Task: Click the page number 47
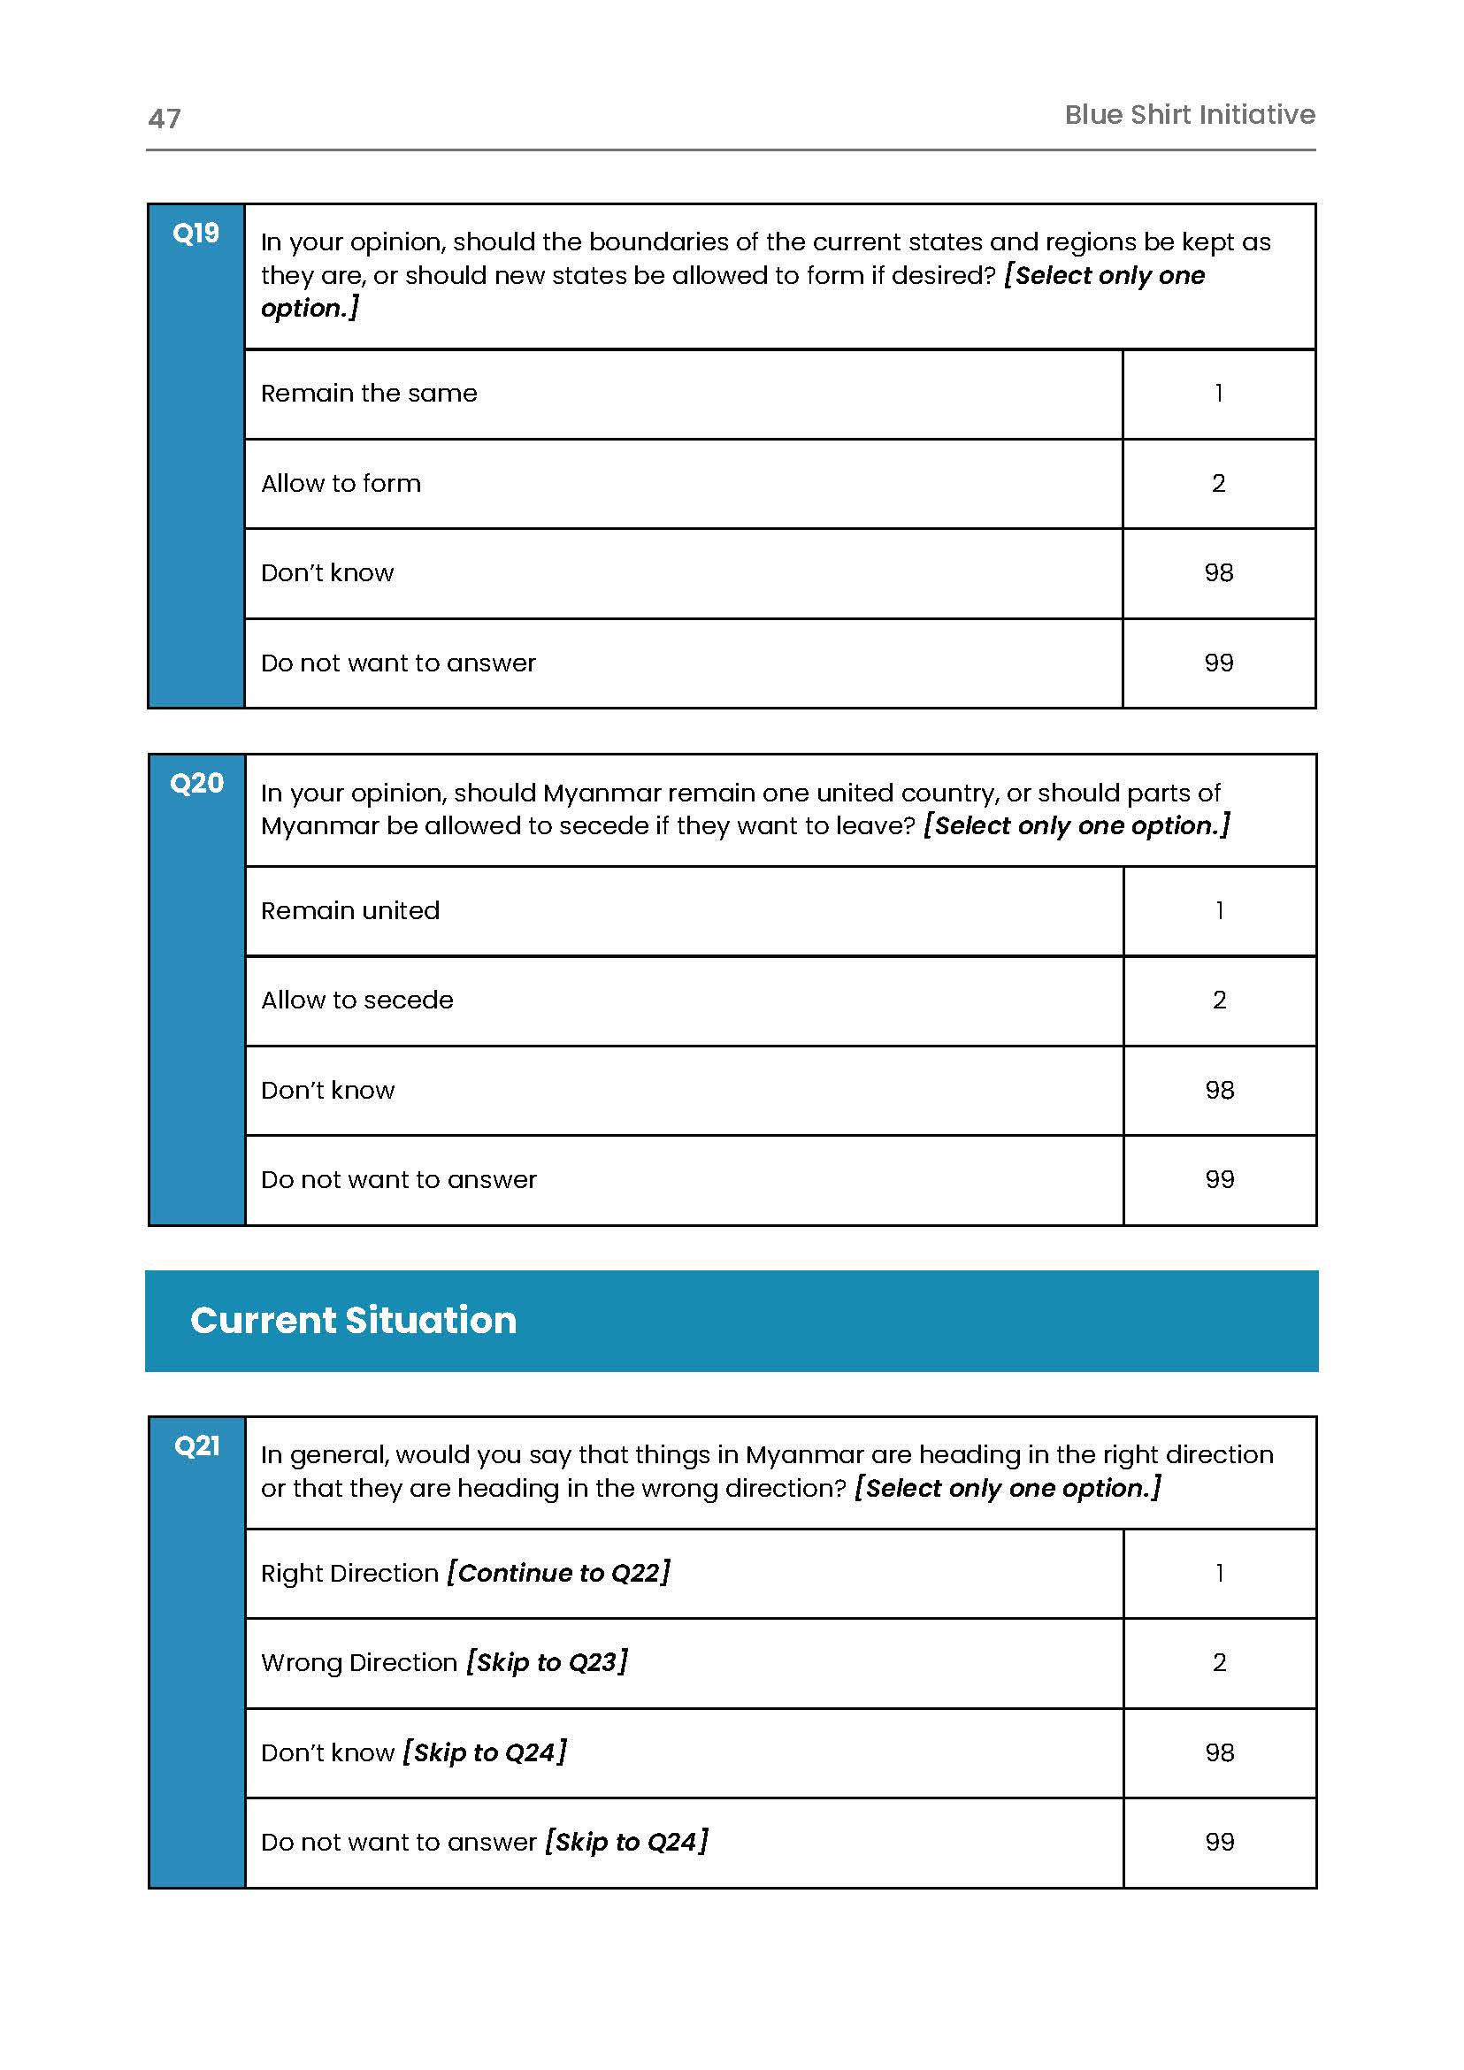coord(164,119)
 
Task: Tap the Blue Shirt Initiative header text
coord(1189,114)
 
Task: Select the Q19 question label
coord(195,234)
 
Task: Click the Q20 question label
coord(196,783)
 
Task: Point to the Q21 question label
coord(196,1445)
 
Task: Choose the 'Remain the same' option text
coord(369,393)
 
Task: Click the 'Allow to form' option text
coord(341,483)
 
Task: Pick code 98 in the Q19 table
coord(1218,572)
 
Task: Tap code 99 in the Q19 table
coord(1218,663)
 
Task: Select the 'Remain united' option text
coord(349,910)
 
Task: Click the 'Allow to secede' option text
coord(357,1000)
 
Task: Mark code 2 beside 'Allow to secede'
coord(1219,1000)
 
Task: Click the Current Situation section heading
coord(353,1320)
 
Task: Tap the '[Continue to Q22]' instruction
coord(559,1572)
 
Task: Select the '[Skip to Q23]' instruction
coord(548,1661)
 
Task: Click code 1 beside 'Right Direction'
coord(1219,1572)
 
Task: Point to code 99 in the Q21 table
coord(1219,1841)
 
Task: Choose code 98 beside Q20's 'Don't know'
coord(1219,1090)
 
